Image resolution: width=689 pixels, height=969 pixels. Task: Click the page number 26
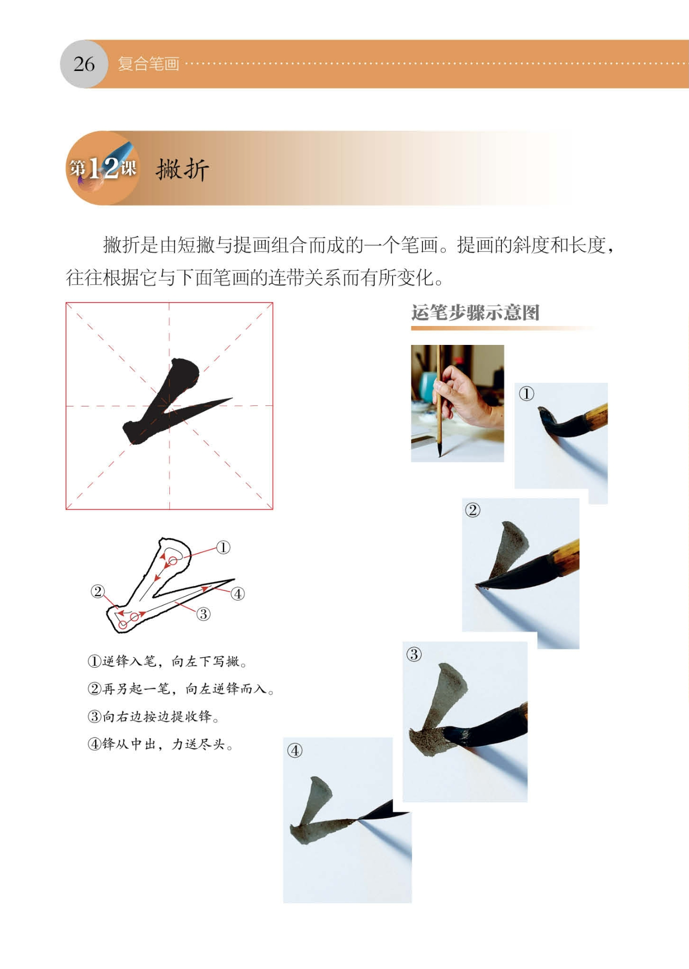(x=84, y=64)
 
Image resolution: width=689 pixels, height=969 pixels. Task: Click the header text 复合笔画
(x=149, y=64)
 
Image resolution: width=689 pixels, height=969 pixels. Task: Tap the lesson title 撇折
(x=182, y=169)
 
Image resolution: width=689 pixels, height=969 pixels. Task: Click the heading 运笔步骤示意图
(x=475, y=313)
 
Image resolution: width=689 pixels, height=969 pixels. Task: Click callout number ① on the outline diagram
(x=223, y=547)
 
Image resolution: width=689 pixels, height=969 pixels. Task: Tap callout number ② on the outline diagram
(x=98, y=591)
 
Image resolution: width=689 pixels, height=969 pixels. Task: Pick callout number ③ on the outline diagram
(x=203, y=614)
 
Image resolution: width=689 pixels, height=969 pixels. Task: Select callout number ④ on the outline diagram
(x=238, y=594)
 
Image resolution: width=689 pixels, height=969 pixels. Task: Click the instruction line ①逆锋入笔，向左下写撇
(x=167, y=661)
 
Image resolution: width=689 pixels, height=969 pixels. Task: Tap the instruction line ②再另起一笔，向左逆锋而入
(x=181, y=689)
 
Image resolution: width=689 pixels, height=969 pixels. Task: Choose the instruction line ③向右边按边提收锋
(x=153, y=716)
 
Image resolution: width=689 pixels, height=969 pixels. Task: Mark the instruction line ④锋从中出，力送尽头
(x=160, y=744)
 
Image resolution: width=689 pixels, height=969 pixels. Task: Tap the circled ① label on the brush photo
(x=526, y=394)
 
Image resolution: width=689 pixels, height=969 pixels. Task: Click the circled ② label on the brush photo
(x=472, y=510)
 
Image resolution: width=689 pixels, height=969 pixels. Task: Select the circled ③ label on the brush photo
(x=414, y=655)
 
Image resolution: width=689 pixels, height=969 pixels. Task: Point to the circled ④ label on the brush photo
(x=295, y=751)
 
